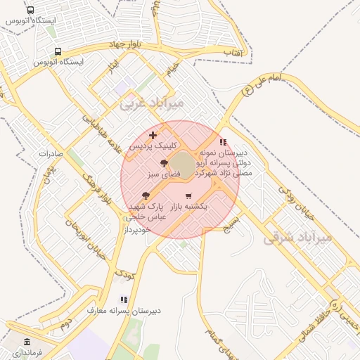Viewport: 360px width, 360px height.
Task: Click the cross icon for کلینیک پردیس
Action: click(x=153, y=134)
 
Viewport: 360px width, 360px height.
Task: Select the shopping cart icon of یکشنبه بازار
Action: click(x=188, y=196)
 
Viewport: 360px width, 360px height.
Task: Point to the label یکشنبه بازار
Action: click(x=190, y=207)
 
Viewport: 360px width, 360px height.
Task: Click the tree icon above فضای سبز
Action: click(x=164, y=162)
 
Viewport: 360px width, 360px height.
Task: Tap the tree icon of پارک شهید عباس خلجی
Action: click(x=146, y=196)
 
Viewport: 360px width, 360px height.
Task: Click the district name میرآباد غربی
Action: click(x=151, y=103)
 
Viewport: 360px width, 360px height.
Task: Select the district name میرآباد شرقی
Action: click(x=297, y=237)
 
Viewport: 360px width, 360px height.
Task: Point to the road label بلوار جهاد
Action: click(x=127, y=44)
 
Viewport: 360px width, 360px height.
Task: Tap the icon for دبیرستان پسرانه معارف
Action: click(x=124, y=300)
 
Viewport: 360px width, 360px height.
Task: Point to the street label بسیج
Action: click(x=232, y=224)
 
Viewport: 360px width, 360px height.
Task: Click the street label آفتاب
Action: click(x=233, y=53)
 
